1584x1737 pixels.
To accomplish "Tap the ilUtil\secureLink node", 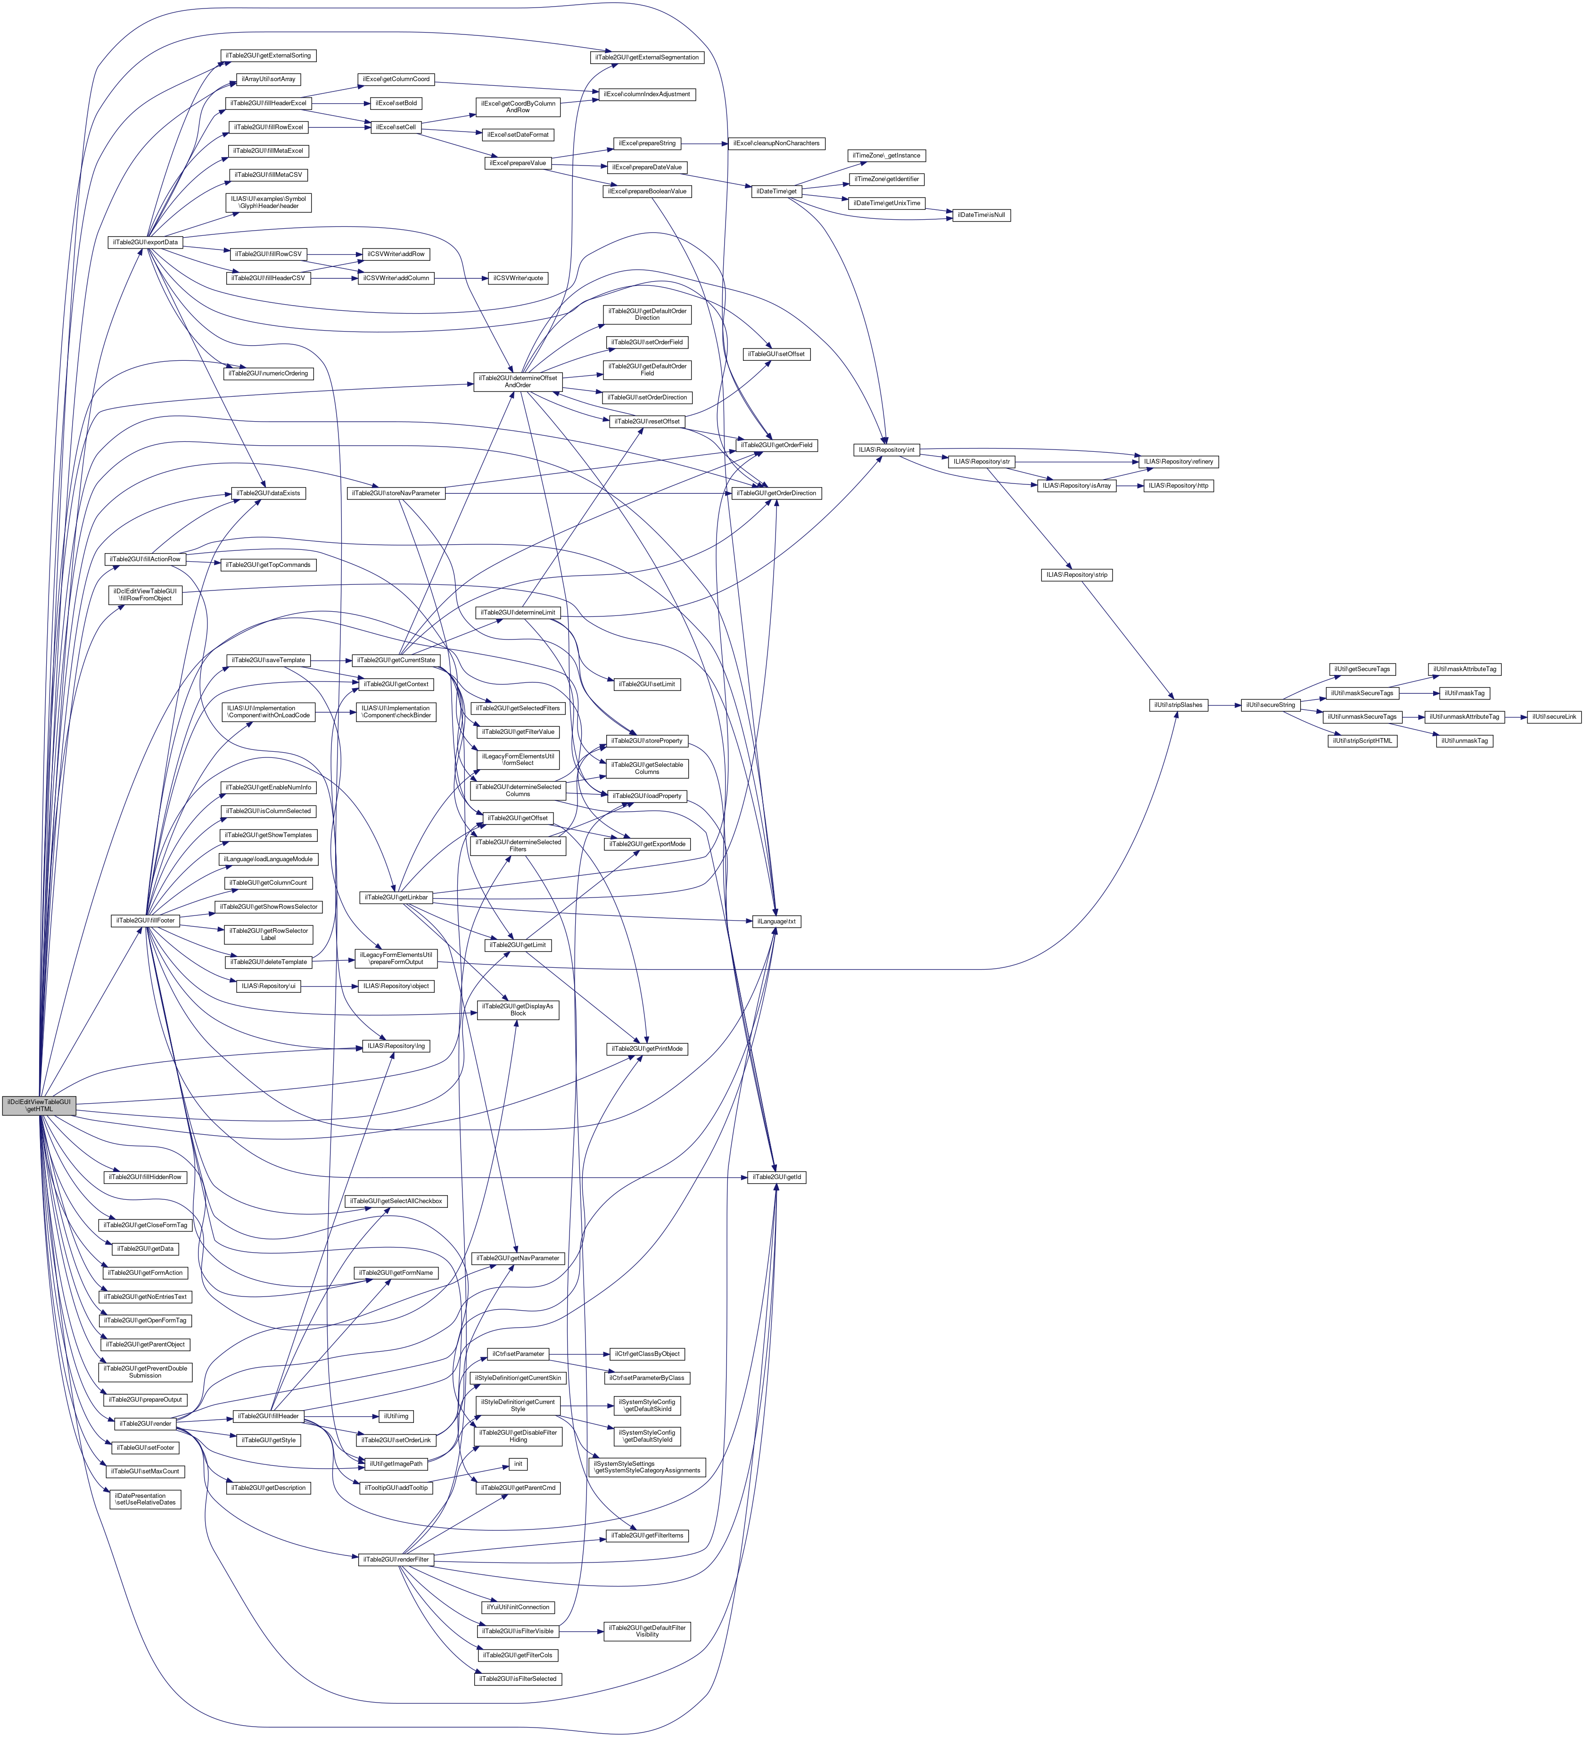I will [1554, 717].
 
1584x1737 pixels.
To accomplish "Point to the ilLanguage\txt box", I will [776, 921].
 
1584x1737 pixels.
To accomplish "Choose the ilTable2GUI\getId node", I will [776, 1177].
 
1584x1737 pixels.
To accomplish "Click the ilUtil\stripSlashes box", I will [1178, 705].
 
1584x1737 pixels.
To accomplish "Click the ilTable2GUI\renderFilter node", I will [396, 1560].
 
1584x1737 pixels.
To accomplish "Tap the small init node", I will [518, 1464].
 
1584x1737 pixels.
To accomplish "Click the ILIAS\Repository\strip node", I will [1077, 575].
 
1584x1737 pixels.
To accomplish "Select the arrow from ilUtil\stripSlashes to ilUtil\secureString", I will [1223, 705].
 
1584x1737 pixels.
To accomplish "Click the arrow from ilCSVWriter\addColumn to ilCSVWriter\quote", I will [461, 278].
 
